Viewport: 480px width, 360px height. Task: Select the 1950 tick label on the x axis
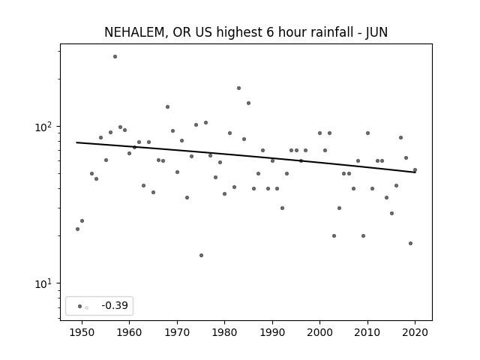(82, 332)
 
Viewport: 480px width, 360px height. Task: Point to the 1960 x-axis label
(129, 332)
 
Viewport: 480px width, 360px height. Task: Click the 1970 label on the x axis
(177, 332)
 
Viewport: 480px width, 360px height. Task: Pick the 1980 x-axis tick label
(224, 332)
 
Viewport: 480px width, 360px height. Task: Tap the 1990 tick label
(272, 332)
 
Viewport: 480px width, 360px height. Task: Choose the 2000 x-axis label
(319, 332)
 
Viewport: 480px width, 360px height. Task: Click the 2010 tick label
(367, 332)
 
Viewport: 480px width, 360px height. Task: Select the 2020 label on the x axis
(415, 332)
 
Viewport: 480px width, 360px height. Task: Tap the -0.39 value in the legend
(115, 305)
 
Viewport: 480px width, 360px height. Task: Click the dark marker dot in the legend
(80, 306)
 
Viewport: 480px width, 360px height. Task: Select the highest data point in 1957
(115, 57)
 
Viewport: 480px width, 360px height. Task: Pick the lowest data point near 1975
(201, 255)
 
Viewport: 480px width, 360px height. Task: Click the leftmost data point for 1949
(77, 229)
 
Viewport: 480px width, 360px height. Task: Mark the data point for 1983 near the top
(238, 88)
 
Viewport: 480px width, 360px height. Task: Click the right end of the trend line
(415, 172)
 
